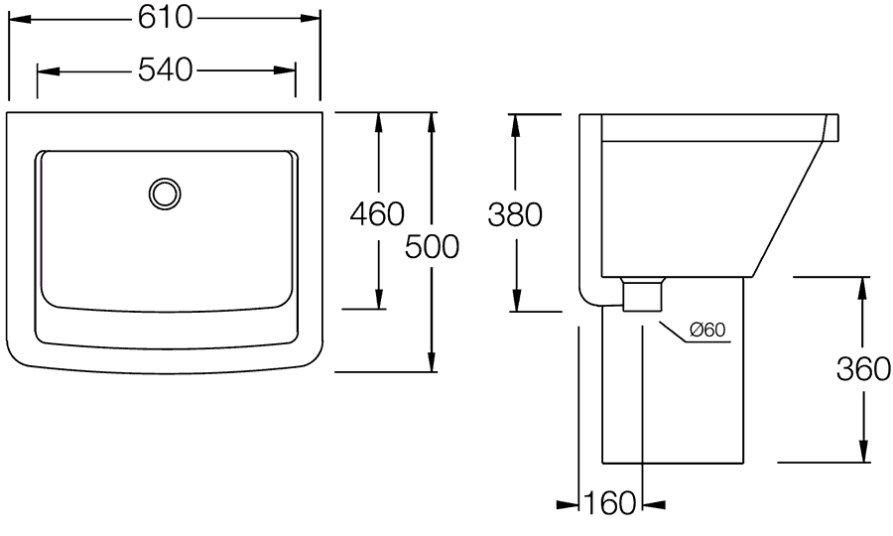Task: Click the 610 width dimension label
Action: point(165,18)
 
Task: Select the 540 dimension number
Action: point(165,70)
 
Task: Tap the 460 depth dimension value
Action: point(377,214)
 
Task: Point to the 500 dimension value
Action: point(432,246)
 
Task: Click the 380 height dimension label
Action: point(515,214)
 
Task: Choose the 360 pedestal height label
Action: point(863,368)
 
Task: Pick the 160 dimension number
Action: point(610,503)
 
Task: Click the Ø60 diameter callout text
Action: point(707,330)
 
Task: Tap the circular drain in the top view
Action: point(165,194)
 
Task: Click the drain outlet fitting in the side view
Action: point(644,294)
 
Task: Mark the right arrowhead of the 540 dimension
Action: point(284,70)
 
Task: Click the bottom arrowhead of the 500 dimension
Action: point(433,360)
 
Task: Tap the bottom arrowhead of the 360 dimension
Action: point(864,451)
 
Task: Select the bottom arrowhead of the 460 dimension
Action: point(378,298)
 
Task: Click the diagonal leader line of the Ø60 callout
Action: point(673,333)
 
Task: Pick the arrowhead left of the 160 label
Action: point(568,504)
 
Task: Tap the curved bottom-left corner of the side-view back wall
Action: point(585,298)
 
